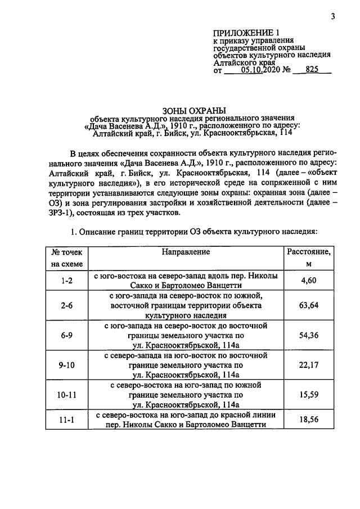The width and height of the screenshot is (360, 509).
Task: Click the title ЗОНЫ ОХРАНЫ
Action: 193,111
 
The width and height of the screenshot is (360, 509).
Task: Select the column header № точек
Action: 67,252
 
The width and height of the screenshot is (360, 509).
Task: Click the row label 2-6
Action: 67,306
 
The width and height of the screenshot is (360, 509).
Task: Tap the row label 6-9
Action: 67,336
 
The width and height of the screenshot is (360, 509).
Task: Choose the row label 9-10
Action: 67,365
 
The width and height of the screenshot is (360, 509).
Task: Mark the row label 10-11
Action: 67,395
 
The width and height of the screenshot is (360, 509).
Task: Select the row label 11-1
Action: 67,420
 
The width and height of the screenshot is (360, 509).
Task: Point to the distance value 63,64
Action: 309,306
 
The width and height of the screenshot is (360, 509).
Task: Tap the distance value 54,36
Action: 309,336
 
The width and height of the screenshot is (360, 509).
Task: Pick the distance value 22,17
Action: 309,365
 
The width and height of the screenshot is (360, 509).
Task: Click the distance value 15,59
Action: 309,395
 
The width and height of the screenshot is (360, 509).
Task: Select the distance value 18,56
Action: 309,420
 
